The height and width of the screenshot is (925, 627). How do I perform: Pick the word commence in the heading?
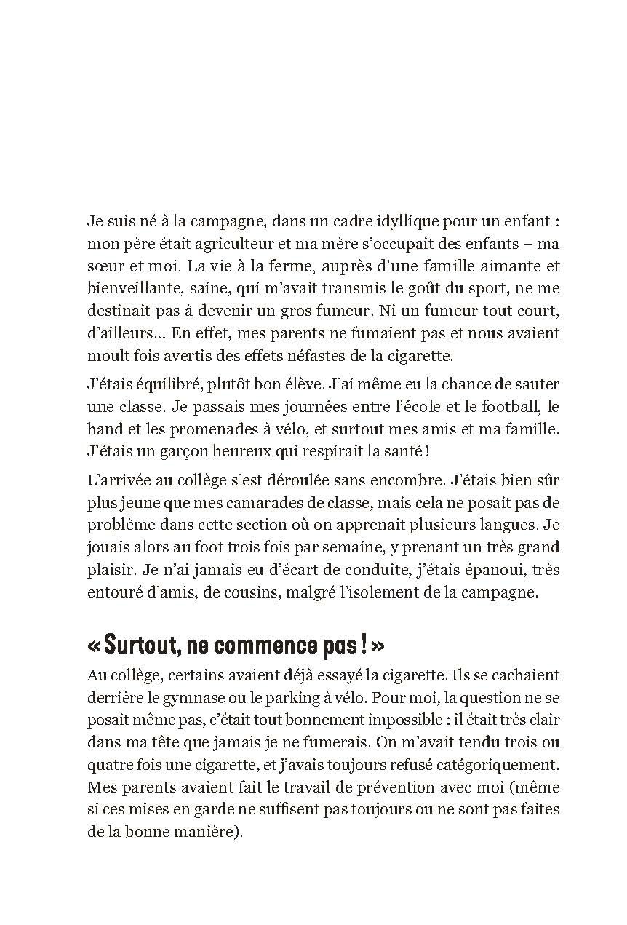click(265, 644)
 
